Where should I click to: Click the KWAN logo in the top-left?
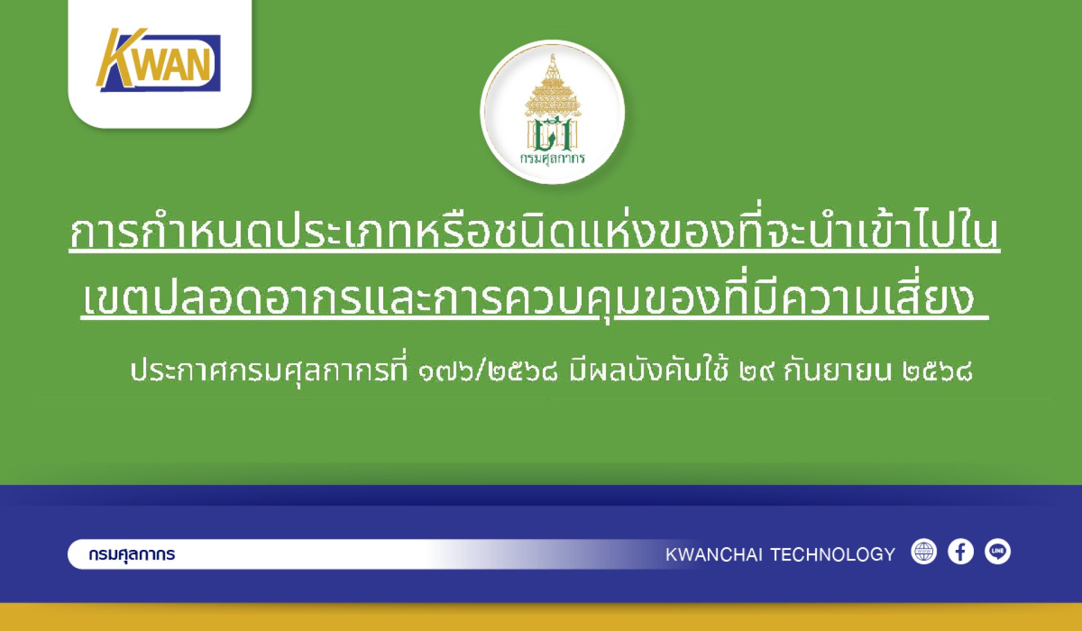(x=158, y=60)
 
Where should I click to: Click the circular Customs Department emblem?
(x=552, y=112)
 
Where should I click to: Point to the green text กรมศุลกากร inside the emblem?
(x=552, y=158)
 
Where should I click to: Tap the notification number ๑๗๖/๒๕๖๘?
(x=488, y=371)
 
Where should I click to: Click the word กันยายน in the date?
(x=837, y=370)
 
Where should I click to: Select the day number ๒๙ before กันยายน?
(x=755, y=372)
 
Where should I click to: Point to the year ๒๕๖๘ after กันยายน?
(x=937, y=372)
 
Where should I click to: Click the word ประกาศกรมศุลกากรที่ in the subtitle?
(x=269, y=370)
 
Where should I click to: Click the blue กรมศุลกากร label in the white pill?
(x=132, y=554)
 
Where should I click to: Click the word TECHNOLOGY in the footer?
(x=833, y=554)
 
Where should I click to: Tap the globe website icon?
(x=924, y=552)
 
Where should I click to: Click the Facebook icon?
(x=961, y=552)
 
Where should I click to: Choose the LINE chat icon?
(x=997, y=552)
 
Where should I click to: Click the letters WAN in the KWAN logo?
(x=175, y=63)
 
